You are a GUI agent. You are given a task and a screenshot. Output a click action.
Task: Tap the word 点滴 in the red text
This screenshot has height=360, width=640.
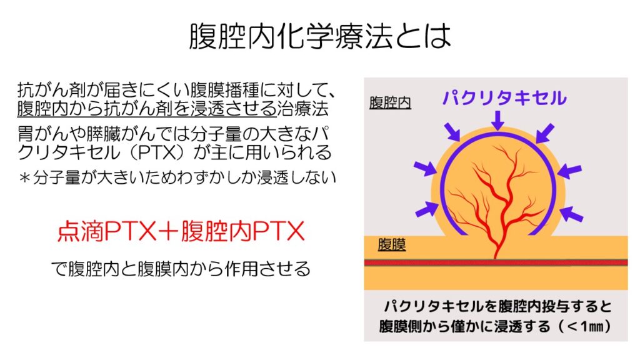click(x=81, y=231)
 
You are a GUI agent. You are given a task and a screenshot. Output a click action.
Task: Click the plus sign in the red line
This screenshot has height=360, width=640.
click(x=168, y=232)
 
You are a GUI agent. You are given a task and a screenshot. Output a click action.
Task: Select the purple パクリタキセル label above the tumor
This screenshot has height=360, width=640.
click(x=504, y=98)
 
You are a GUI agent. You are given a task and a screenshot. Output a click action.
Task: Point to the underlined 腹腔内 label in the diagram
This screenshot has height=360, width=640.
click(x=390, y=102)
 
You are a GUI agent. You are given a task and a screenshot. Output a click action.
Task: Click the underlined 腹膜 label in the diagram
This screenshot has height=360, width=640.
click(x=391, y=244)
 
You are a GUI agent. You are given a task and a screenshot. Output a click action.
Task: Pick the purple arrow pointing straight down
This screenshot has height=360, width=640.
click(x=497, y=121)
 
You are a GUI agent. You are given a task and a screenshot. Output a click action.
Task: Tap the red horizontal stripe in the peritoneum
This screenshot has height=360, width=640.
click(x=496, y=262)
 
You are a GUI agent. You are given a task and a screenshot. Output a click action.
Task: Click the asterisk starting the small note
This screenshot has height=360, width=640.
click(x=24, y=178)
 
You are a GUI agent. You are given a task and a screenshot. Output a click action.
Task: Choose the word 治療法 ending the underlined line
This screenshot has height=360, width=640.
click(x=303, y=109)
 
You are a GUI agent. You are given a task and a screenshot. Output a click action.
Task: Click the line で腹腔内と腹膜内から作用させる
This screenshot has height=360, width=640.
click(x=181, y=269)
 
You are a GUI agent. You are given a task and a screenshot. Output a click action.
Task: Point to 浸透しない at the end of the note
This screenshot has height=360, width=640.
click(x=296, y=177)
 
